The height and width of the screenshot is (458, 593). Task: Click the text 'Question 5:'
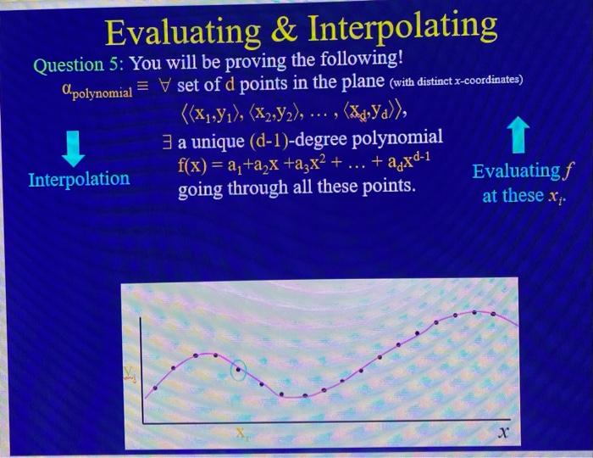79,64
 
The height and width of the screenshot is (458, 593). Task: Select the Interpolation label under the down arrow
79,180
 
